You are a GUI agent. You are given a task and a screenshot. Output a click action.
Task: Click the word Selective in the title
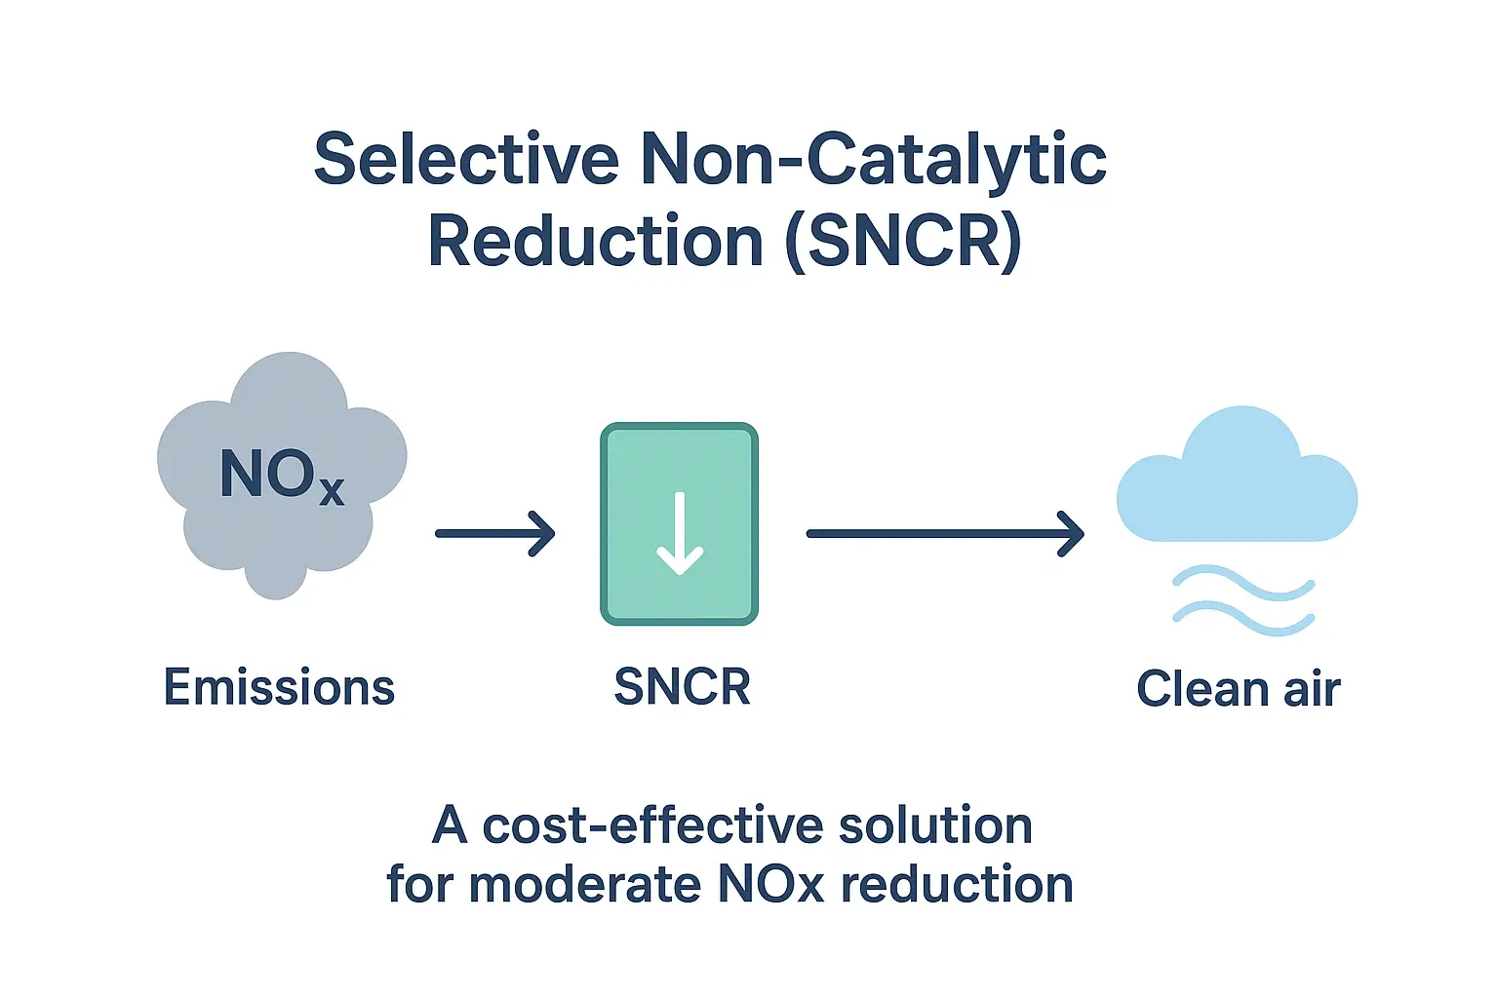pyautogui.click(x=466, y=159)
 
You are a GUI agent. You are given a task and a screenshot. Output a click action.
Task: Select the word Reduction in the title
pyautogui.click(x=595, y=241)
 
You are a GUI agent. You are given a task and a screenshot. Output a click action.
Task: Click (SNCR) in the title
pyautogui.click(x=904, y=242)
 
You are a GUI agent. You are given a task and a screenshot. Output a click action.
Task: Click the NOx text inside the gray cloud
pyautogui.click(x=282, y=475)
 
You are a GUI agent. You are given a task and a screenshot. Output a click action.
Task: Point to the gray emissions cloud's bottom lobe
pyautogui.click(x=277, y=576)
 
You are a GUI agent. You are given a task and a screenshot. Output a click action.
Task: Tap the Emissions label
pyautogui.click(x=280, y=687)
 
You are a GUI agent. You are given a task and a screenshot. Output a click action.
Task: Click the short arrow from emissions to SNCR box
pyautogui.click(x=494, y=533)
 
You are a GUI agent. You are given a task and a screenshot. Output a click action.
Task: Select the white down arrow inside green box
pyautogui.click(x=680, y=533)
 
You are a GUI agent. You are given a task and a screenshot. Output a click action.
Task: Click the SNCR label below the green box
pyautogui.click(x=682, y=687)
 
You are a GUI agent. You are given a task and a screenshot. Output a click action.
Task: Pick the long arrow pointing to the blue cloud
pyautogui.click(x=945, y=533)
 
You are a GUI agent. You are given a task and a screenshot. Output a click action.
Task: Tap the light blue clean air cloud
pyautogui.click(x=1237, y=476)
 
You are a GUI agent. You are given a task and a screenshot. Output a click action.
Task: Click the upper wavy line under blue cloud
pyautogui.click(x=1243, y=583)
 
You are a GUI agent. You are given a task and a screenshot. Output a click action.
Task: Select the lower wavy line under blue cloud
pyautogui.click(x=1243, y=618)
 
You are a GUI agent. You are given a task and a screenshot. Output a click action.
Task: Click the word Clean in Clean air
pyautogui.click(x=1202, y=688)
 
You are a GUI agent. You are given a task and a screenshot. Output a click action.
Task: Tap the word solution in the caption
pyautogui.click(x=935, y=825)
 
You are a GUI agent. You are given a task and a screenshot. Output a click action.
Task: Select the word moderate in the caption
pyautogui.click(x=584, y=884)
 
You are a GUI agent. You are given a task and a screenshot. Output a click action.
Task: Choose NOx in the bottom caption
pyautogui.click(x=770, y=884)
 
